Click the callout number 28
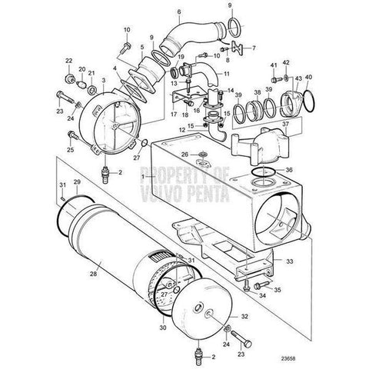coord(94,274)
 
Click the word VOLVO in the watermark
coord(162,194)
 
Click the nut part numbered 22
coord(69,78)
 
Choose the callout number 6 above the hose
coord(178,12)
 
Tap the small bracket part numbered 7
coord(238,48)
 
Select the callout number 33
coord(289,261)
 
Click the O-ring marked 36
coord(264,171)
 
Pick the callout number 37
coord(285,124)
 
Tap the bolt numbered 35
coord(261,284)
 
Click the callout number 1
coord(143,177)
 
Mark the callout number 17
coord(174,114)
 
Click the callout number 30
coord(164,327)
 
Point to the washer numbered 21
coord(91,90)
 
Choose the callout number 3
coord(104,80)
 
